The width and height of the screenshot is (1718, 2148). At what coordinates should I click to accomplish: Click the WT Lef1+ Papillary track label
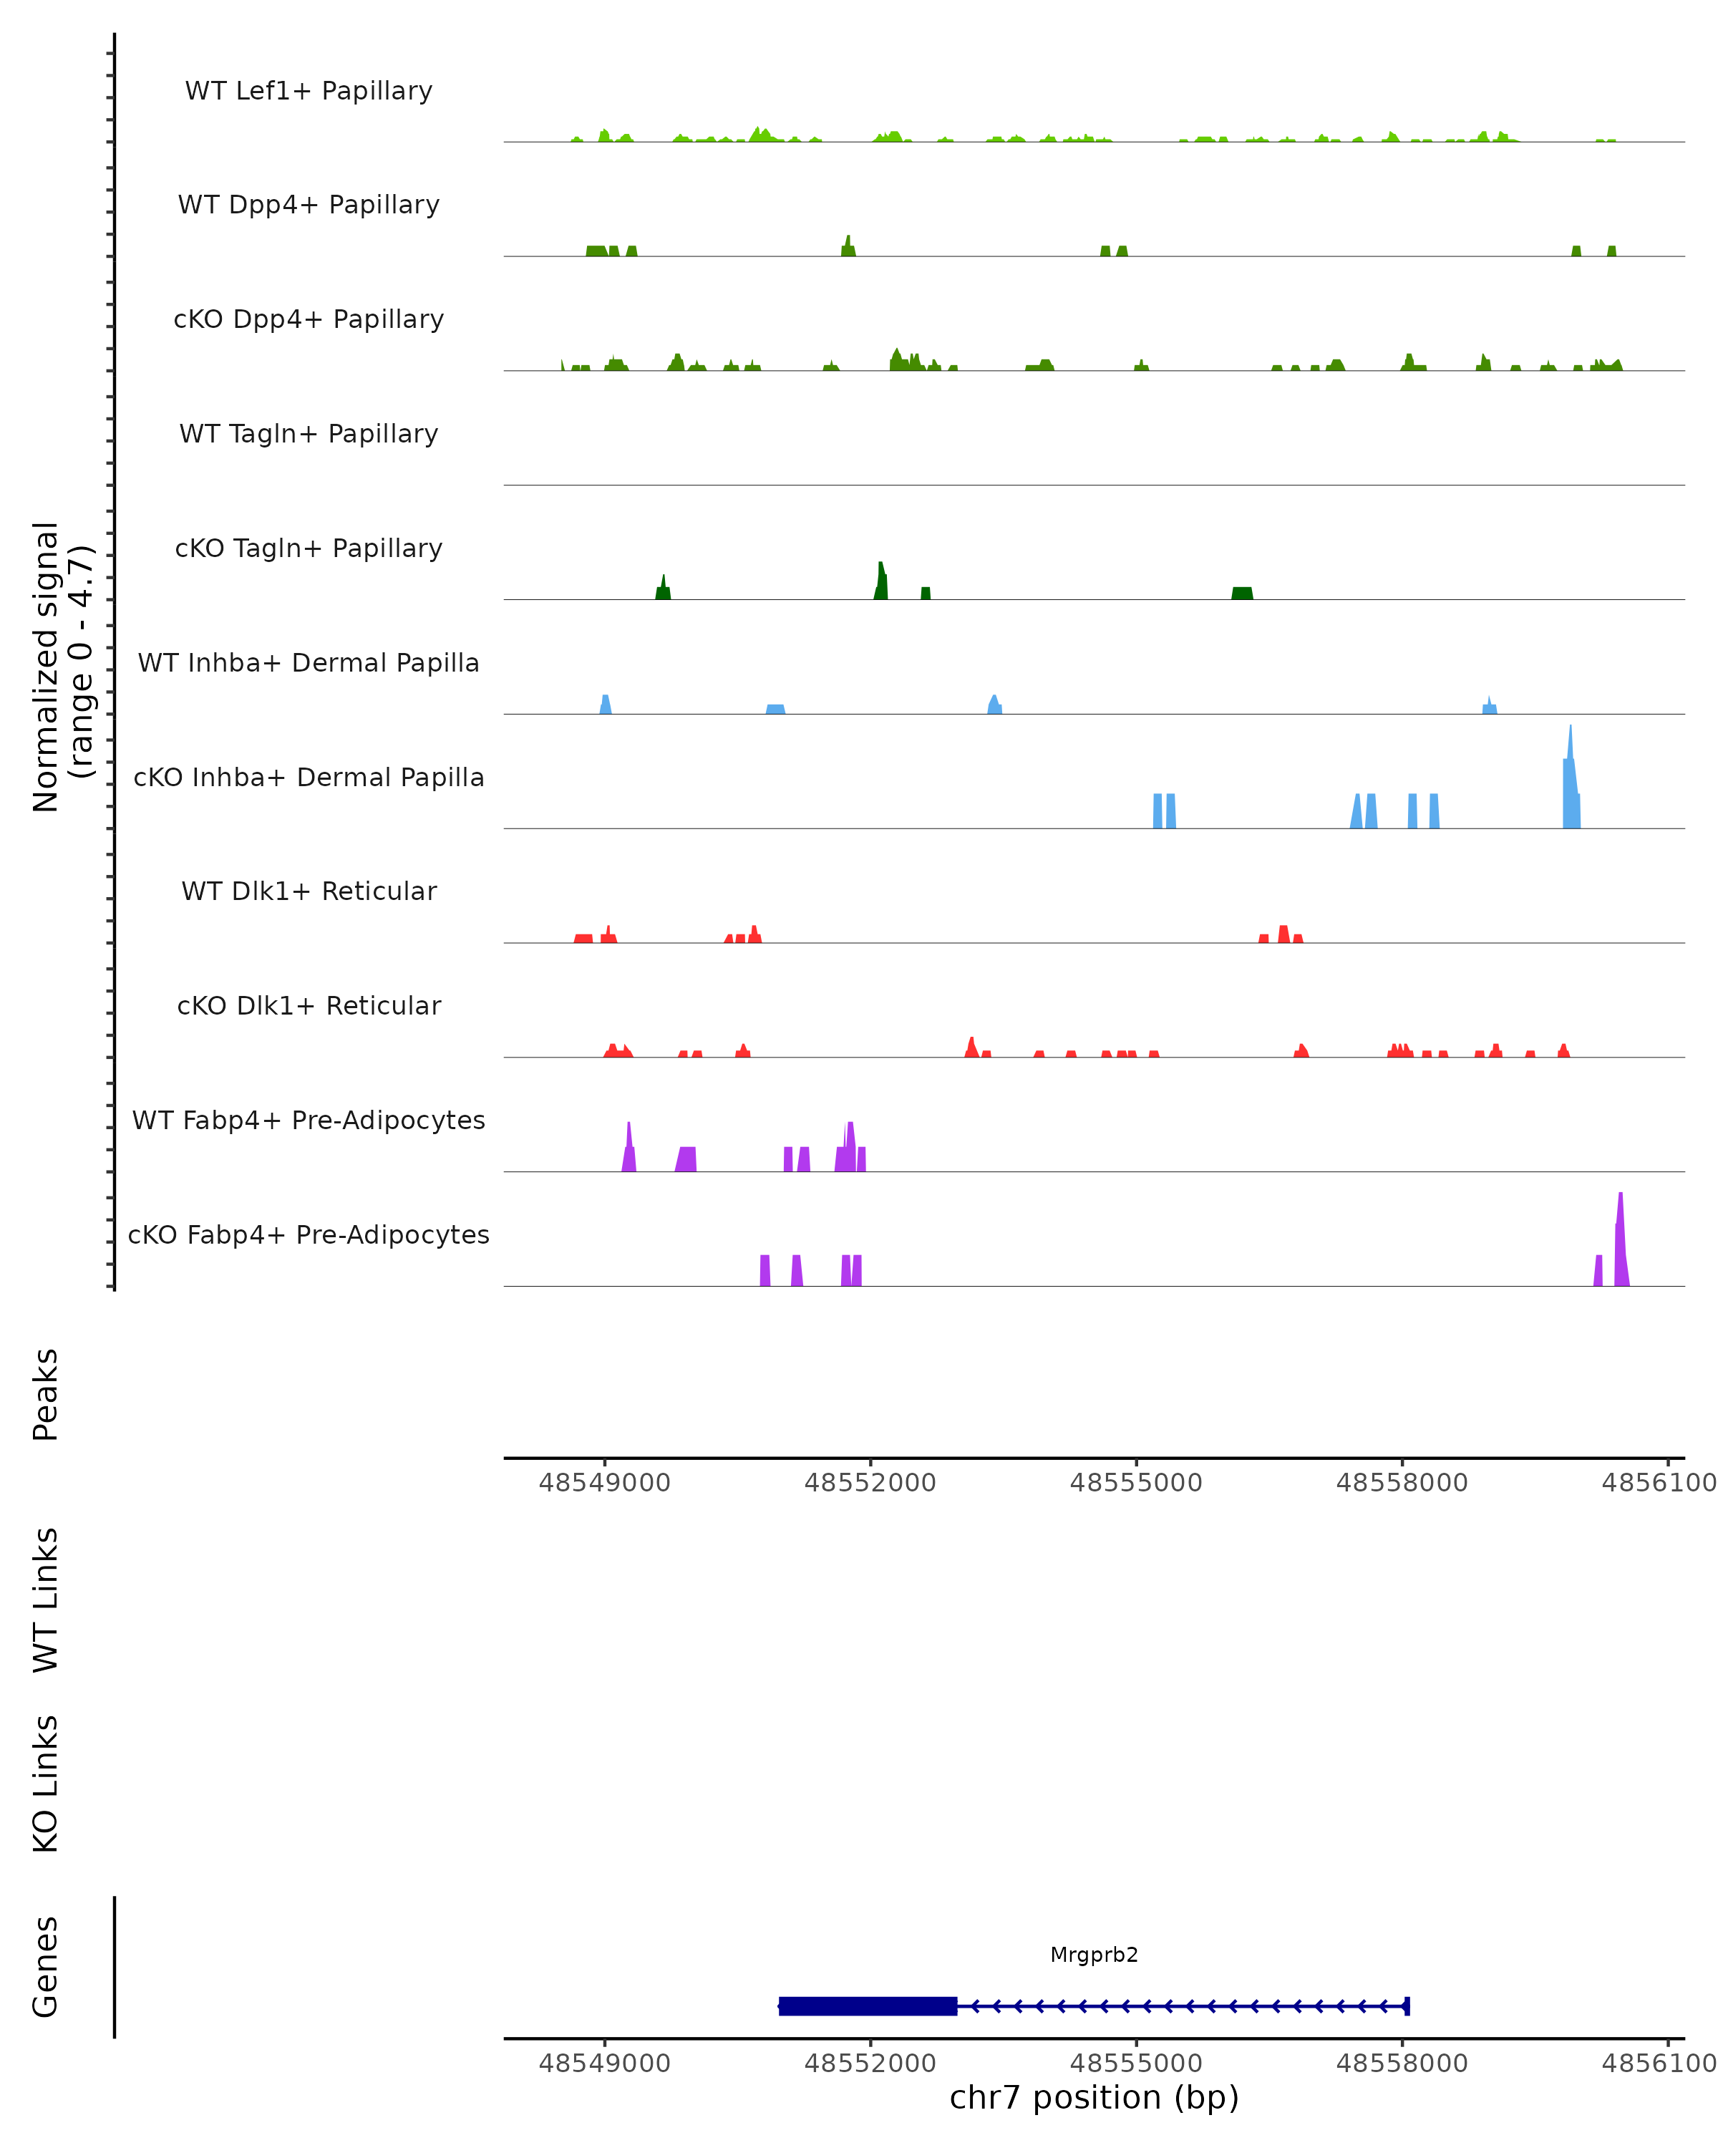(309, 91)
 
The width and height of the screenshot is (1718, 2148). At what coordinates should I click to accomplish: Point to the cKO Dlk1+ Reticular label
(309, 1005)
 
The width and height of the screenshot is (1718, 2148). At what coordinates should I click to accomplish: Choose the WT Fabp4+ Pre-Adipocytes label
(309, 1120)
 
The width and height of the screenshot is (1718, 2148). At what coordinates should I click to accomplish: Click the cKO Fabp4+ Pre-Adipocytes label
(309, 1234)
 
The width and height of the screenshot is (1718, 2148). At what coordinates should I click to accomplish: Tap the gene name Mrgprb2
(1094, 1955)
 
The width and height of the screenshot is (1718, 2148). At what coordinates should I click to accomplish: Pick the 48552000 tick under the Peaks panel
(870, 1483)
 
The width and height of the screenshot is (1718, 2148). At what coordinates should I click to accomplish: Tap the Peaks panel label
(46, 1395)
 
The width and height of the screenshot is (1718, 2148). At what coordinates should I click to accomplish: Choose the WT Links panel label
(46, 1599)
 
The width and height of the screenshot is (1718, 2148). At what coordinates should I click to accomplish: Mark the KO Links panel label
(46, 1784)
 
